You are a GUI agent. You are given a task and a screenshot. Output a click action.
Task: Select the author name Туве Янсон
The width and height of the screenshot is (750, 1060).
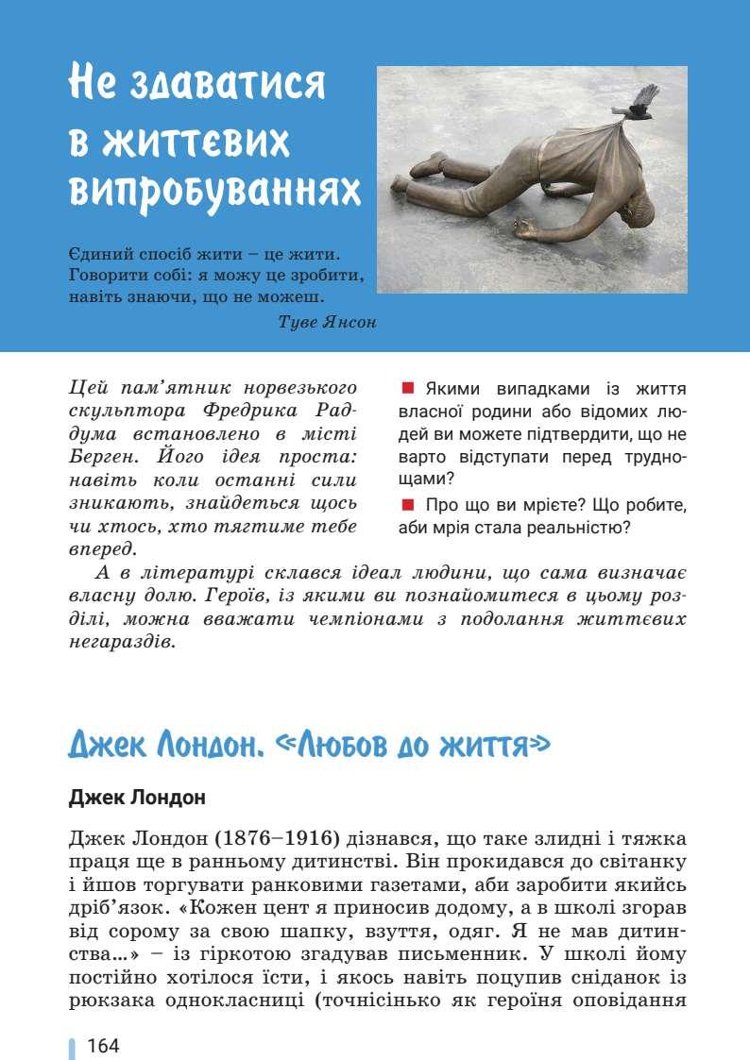[x=328, y=322]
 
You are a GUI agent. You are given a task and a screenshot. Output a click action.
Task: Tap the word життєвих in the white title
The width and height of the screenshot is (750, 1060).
[x=179, y=139]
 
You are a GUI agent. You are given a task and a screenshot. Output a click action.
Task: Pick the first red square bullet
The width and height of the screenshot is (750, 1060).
[x=408, y=388]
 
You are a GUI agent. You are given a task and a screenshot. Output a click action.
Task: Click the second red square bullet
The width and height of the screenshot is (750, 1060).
[x=408, y=503]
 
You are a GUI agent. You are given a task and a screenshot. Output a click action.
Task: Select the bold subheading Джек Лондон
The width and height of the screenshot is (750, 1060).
[x=137, y=798]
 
